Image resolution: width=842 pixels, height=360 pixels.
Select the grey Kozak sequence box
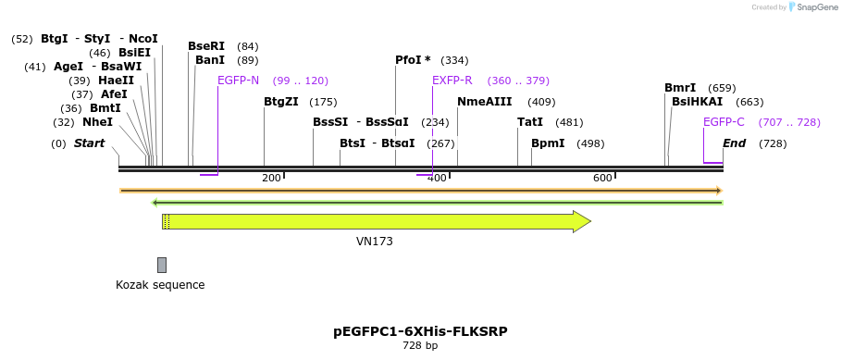point(162,265)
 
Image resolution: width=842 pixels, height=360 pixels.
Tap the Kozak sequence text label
point(160,285)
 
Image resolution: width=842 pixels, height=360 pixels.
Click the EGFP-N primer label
point(238,81)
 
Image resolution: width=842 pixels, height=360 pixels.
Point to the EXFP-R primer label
point(452,81)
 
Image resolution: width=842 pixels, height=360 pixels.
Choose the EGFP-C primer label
point(724,122)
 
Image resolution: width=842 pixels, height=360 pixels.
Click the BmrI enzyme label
point(680,88)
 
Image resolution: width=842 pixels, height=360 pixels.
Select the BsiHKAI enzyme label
point(697,102)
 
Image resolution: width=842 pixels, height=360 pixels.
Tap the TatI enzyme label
point(530,122)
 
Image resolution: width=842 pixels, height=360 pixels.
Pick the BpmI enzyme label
point(548,143)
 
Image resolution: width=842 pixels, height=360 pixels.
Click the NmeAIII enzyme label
point(485,102)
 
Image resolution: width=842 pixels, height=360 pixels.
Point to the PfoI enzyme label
point(413,60)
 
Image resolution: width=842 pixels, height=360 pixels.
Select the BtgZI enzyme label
point(281,102)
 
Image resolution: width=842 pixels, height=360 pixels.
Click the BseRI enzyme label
point(206,46)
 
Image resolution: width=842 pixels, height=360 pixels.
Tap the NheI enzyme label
point(97,122)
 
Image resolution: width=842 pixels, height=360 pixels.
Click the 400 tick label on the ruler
point(438,178)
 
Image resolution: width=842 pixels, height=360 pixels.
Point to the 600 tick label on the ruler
point(602,178)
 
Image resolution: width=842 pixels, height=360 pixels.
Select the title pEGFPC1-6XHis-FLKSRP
point(420,331)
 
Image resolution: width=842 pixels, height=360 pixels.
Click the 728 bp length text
point(420,346)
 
